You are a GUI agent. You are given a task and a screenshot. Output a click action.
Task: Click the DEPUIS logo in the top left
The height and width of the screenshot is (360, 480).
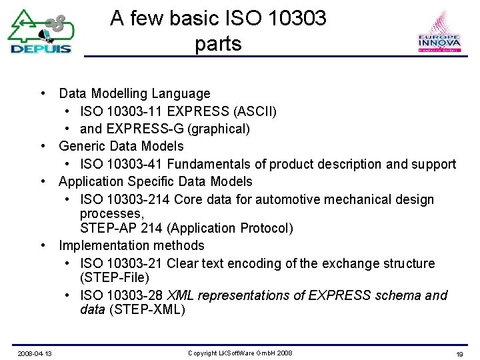(x=40, y=31)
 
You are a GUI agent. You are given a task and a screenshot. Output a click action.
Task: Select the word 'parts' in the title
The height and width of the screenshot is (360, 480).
(x=218, y=44)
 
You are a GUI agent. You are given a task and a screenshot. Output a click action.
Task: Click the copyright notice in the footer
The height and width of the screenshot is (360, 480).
(x=240, y=353)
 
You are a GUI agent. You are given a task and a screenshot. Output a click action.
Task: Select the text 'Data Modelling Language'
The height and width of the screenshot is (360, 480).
(x=134, y=94)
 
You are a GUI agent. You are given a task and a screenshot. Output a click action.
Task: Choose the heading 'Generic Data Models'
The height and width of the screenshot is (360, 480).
(x=121, y=146)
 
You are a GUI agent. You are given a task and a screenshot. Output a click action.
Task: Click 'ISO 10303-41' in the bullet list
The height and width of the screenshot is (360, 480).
(x=121, y=164)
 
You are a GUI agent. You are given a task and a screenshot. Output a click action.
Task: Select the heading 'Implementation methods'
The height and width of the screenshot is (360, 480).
(x=131, y=246)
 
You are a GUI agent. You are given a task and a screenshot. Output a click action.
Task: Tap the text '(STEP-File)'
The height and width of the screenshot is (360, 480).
(x=114, y=277)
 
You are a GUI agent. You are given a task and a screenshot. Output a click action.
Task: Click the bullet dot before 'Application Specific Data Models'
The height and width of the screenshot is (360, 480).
(x=42, y=181)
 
